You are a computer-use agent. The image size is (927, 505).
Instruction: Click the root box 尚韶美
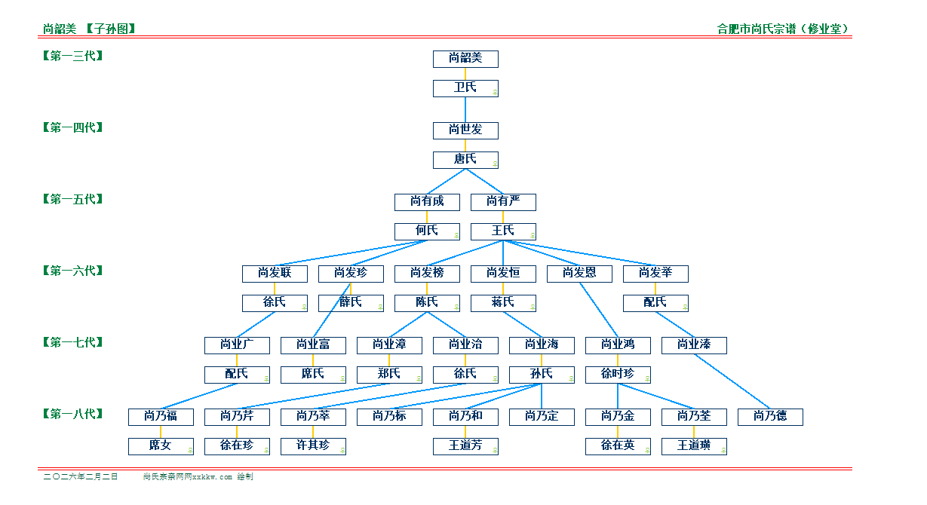point(465,59)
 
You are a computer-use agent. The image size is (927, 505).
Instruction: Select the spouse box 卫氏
point(465,88)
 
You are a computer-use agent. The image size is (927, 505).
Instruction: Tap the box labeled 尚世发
point(465,130)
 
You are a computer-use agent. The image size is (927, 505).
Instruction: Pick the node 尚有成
point(427,202)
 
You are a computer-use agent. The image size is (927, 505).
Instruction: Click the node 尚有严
point(503,202)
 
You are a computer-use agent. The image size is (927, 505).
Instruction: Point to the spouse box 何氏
point(427,231)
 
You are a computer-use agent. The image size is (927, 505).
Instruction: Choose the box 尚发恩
point(579,274)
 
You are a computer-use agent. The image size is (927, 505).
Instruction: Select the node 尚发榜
point(427,274)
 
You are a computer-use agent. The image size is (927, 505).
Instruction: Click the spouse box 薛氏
point(351,303)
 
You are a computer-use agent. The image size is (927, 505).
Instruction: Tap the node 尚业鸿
point(618,345)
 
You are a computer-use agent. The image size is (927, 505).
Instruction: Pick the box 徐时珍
point(618,375)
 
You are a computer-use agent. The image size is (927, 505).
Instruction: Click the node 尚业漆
point(694,345)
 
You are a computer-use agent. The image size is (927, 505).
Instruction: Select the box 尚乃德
point(770,417)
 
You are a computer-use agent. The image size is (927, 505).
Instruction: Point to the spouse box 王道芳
point(465,446)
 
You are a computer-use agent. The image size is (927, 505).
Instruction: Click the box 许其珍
point(313,446)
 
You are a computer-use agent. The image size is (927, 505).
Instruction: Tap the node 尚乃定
point(542,417)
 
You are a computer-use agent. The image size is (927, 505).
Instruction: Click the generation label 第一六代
point(73,271)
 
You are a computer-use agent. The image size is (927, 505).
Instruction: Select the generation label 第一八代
point(73,414)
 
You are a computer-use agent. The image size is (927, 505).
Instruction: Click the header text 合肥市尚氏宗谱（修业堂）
point(784,29)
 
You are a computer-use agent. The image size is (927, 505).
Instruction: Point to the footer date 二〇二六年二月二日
point(81,477)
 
